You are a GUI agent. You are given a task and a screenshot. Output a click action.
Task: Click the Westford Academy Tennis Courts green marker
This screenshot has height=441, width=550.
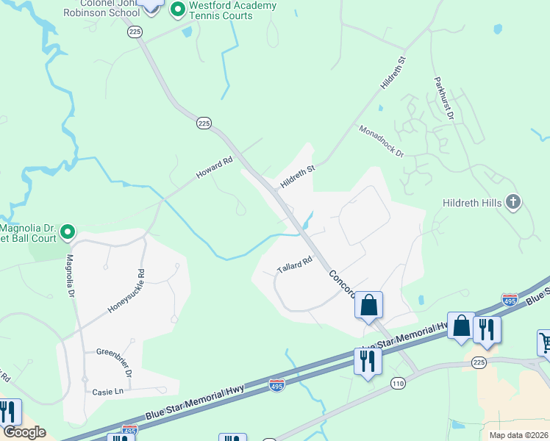point(177,10)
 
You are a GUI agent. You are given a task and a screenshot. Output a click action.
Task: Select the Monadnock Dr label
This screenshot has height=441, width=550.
point(382,141)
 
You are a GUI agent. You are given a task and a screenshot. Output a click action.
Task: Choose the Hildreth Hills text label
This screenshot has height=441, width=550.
point(472,202)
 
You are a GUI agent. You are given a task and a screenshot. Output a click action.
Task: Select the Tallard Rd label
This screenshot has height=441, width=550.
point(295,265)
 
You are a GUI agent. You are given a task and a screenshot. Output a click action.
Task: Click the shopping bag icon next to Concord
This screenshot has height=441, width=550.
point(368,305)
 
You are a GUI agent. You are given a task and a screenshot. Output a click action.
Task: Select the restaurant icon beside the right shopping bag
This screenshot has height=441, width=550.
point(487,329)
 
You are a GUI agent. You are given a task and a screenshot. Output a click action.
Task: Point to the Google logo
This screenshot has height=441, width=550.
point(24,432)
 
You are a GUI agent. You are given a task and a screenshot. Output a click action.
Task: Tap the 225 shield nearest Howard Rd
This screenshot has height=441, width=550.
point(204,123)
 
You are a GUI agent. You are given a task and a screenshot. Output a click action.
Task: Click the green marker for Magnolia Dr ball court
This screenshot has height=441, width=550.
point(67,233)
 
